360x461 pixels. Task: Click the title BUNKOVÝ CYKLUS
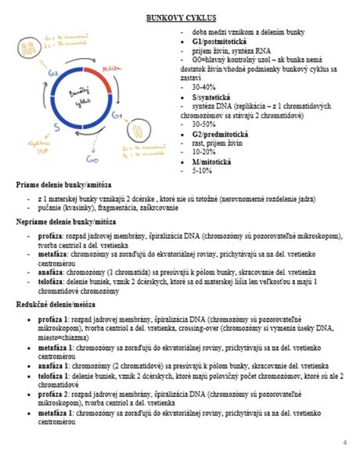pyautogui.click(x=181, y=17)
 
